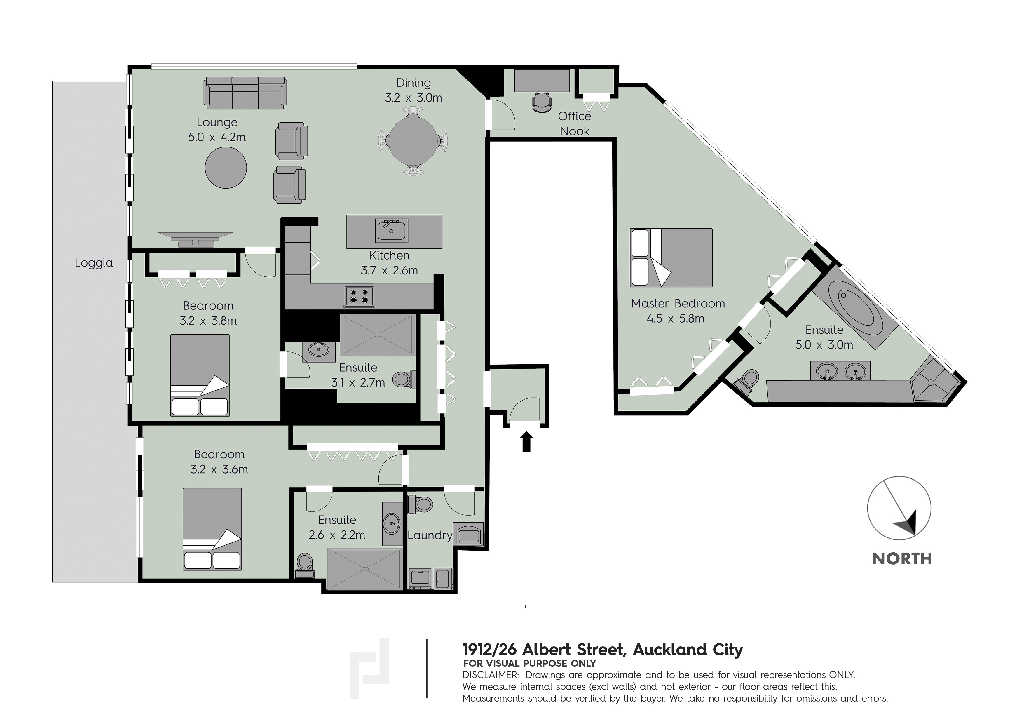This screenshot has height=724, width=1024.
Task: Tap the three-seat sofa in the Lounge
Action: [245, 93]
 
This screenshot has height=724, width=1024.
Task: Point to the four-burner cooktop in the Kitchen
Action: [359, 297]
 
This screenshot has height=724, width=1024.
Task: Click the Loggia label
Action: [94, 263]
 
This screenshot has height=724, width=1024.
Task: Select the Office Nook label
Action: [574, 123]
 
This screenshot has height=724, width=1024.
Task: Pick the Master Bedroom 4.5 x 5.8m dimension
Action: [676, 319]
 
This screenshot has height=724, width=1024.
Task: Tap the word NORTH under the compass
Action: [902, 559]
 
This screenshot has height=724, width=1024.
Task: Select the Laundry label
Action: [430, 535]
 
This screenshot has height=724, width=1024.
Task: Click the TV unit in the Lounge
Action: [195, 239]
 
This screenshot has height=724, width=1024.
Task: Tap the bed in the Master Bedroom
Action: [671, 257]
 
